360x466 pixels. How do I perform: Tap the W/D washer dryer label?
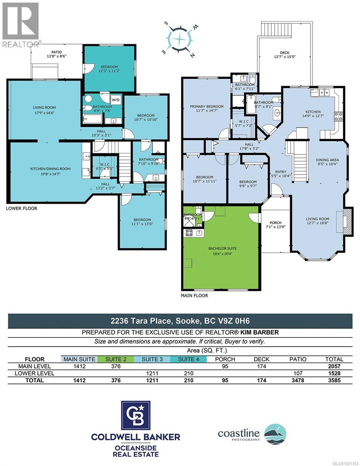click(116, 99)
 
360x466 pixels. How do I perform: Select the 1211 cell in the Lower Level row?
click(152, 373)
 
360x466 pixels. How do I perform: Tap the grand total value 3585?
click(334, 380)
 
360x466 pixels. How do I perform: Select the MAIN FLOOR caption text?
click(195, 296)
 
